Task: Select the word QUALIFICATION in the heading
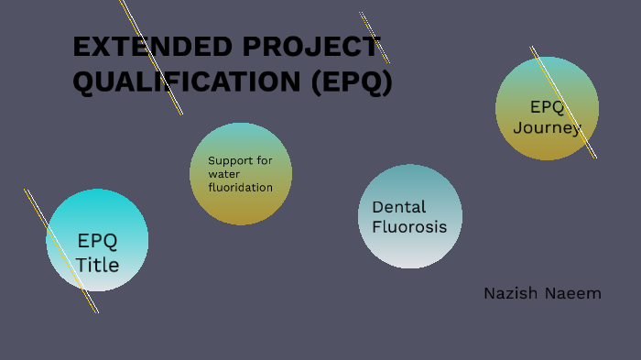[187, 82]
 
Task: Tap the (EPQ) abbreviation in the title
[352, 82]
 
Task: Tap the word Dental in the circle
[399, 207]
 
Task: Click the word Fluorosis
[409, 226]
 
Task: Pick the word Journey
[546, 127]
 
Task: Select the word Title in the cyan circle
[97, 265]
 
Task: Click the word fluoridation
[240, 187]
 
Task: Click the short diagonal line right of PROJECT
[375, 38]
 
